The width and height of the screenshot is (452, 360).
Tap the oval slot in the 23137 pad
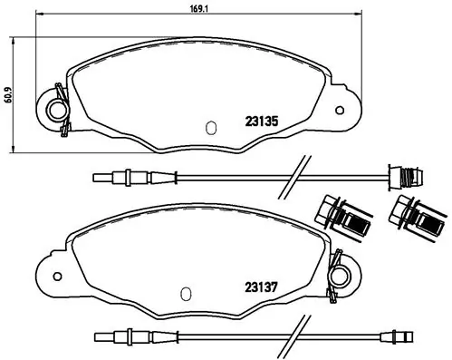point(185,293)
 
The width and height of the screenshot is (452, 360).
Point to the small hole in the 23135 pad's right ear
point(340,112)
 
